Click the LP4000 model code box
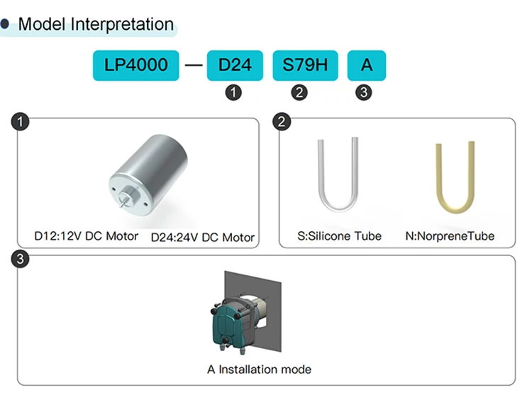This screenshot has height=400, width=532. [x=135, y=65]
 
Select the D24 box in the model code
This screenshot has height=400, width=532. [x=235, y=65]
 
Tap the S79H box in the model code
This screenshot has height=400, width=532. [x=305, y=65]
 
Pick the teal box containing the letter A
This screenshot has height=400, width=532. [x=367, y=65]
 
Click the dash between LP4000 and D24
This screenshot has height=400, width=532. [x=194, y=65]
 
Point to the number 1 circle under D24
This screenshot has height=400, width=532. [x=233, y=92]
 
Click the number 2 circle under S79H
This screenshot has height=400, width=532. [x=299, y=92]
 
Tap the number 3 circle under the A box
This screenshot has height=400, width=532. [x=364, y=92]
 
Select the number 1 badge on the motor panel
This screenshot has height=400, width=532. [x=20, y=122]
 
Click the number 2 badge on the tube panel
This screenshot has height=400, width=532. [x=282, y=122]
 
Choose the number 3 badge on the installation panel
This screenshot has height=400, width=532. [x=20, y=259]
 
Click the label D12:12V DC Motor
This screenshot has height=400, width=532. [x=86, y=236]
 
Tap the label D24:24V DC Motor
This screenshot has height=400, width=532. [x=203, y=238]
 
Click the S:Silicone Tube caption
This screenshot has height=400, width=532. [x=339, y=236]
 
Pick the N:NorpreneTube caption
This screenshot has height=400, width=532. [x=450, y=236]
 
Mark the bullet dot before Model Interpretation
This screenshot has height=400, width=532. [x=5, y=23]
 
